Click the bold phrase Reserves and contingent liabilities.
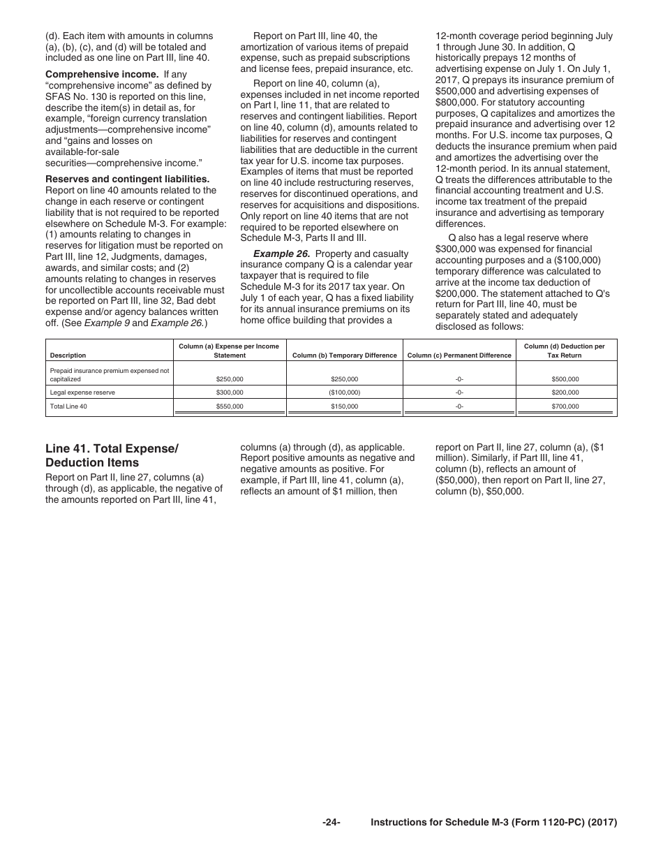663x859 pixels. point(127,179)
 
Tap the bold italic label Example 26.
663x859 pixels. point(281,254)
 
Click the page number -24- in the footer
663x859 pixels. point(331,823)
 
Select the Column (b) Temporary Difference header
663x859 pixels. point(344,355)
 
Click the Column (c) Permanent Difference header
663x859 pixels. point(459,355)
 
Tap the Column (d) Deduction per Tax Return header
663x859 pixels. point(564,351)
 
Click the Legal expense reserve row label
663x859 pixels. point(82,392)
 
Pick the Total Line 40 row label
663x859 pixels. point(68,406)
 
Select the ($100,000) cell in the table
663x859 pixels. point(344,392)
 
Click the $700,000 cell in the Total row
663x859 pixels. point(564,406)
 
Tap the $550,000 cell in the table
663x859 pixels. point(230,406)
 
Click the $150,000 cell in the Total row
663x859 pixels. point(344,406)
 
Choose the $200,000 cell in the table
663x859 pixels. point(564,392)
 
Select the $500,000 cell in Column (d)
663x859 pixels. point(564,379)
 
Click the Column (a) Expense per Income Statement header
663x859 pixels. point(230,351)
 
